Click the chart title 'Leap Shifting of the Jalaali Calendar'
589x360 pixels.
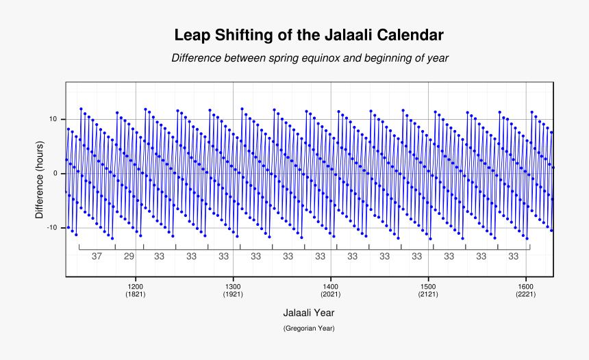pyautogui.click(x=309, y=35)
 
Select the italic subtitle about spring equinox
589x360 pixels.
pyautogui.click(x=310, y=58)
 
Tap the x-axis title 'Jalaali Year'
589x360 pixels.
pyautogui.click(x=309, y=312)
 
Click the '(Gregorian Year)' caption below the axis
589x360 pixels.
pyautogui.click(x=309, y=329)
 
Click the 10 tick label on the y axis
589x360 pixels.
pyautogui.click(x=53, y=119)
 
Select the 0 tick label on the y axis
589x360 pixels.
pyautogui.click(x=55, y=173)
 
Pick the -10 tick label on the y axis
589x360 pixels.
pyautogui.click(x=51, y=227)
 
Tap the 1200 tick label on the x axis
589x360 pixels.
pyautogui.click(x=136, y=286)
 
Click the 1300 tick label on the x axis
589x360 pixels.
pyautogui.click(x=233, y=286)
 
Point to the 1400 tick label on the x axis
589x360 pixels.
pyautogui.click(x=331, y=286)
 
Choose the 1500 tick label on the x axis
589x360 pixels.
pyautogui.click(x=428, y=286)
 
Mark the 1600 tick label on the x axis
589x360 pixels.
pyautogui.click(x=526, y=286)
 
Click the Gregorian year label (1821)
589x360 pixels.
pyautogui.click(x=136, y=294)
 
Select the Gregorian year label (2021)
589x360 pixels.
pyautogui.click(x=331, y=294)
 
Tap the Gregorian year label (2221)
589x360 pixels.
pyautogui.click(x=526, y=294)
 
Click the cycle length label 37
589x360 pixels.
pyautogui.click(x=97, y=256)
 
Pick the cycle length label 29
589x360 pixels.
pyautogui.click(x=129, y=256)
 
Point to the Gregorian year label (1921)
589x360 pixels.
pyautogui.click(x=233, y=294)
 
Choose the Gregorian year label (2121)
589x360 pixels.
pyautogui.click(x=428, y=294)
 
